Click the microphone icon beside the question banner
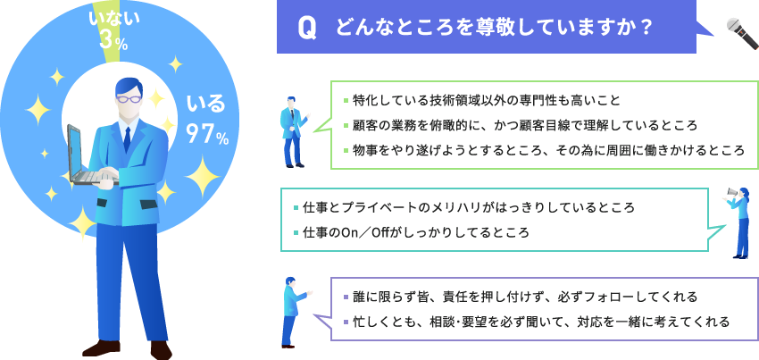(742, 33)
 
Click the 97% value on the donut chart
(207, 136)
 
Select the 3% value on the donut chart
(113, 42)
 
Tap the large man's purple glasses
(129, 99)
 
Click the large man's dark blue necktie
(127, 139)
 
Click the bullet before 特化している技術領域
(346, 101)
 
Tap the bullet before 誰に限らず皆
(346, 297)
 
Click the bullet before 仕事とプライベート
(296, 208)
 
